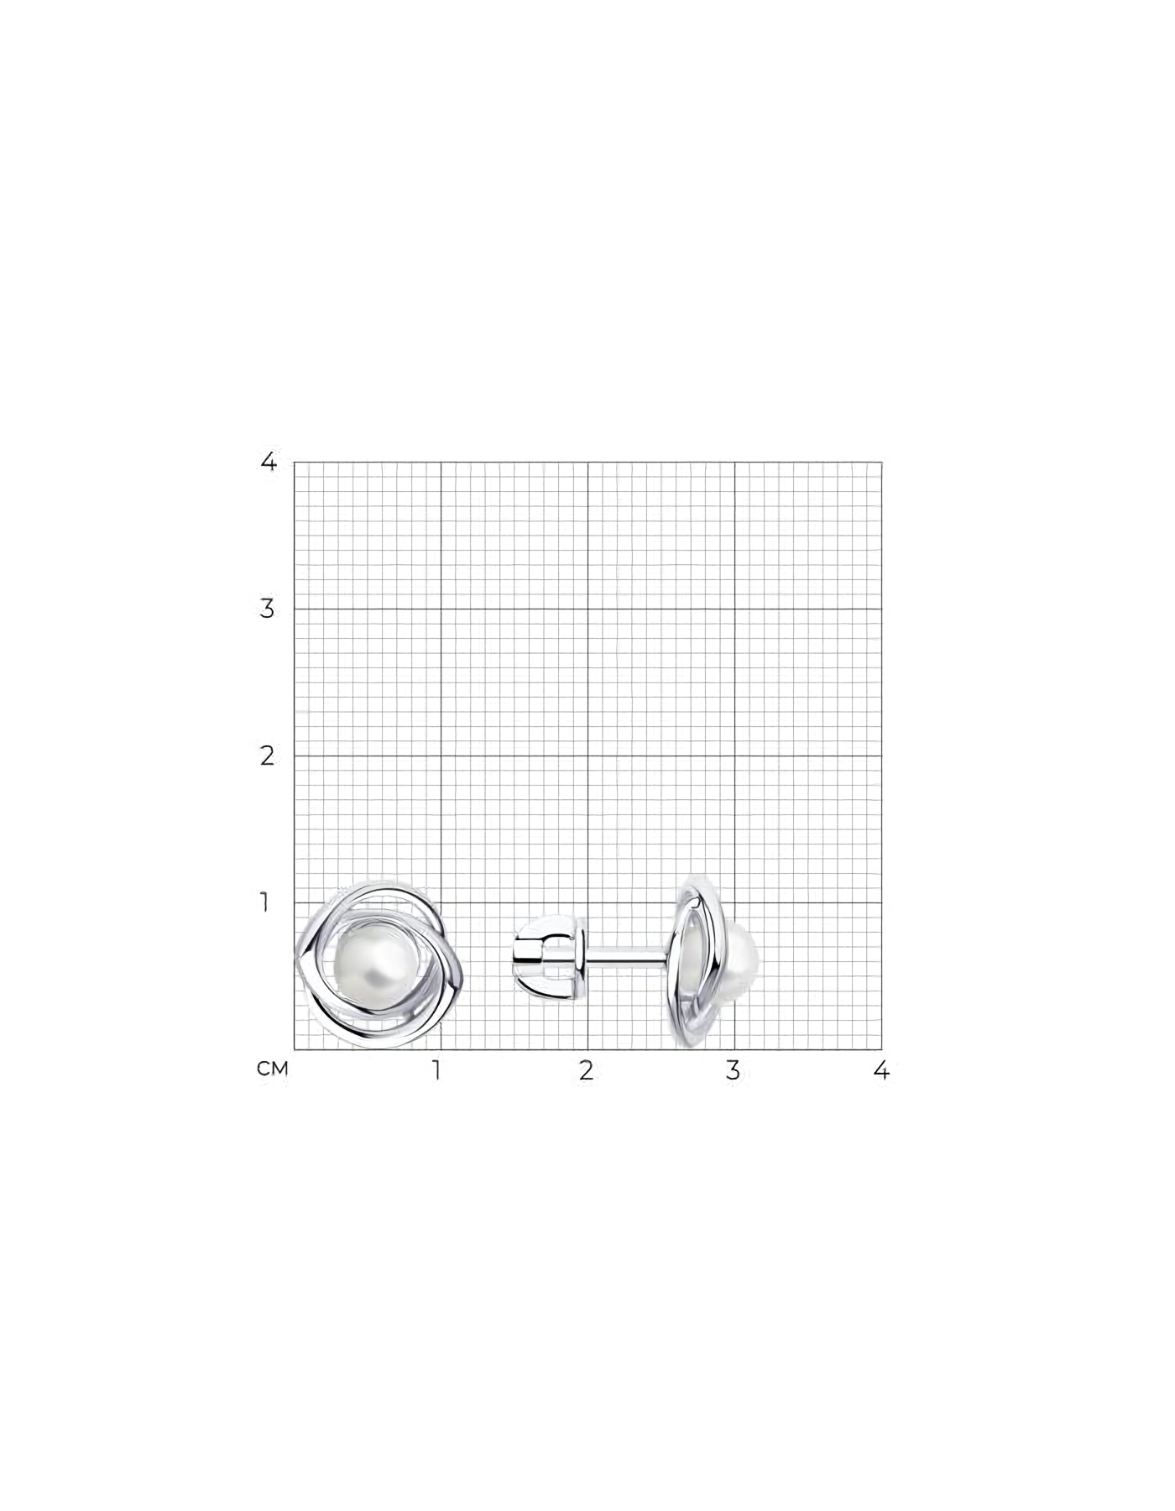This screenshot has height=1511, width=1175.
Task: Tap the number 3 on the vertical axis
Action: (268, 609)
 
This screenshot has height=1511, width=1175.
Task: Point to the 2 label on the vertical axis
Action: (268, 755)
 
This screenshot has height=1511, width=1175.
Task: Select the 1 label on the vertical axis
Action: (265, 903)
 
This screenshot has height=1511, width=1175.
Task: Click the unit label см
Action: (273, 1069)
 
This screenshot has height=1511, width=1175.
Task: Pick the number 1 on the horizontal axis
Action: (436, 1070)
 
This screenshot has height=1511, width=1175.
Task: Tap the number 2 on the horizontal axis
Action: (586, 1070)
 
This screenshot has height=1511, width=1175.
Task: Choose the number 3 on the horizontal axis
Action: (734, 1070)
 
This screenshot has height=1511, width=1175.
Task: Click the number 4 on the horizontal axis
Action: (881, 1070)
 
